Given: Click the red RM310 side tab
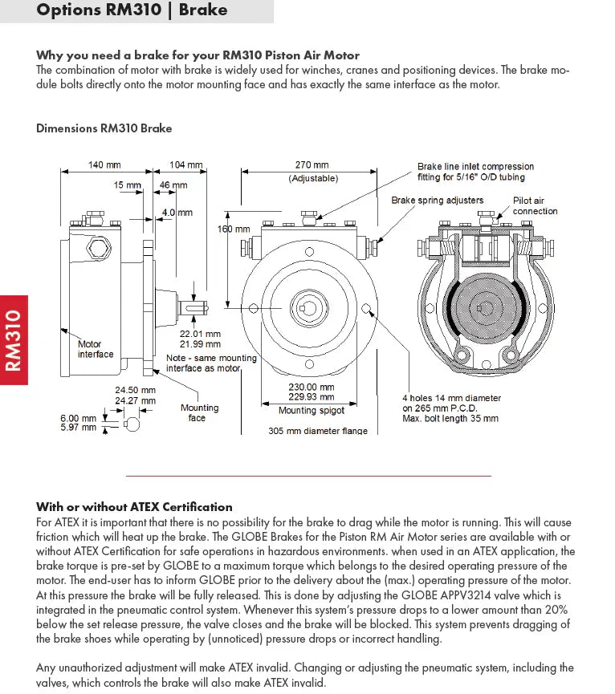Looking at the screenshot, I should [x=14, y=340].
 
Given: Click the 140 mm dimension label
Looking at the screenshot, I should [x=104, y=165].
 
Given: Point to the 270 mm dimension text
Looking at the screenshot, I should [x=312, y=165].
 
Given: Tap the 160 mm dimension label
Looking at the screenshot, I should [x=234, y=229].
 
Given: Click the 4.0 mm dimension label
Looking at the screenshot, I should [x=177, y=213].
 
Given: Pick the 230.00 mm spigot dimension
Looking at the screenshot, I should [x=312, y=387].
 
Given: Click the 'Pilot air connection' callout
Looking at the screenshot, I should [x=535, y=206].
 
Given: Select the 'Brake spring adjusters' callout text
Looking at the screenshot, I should [x=438, y=200].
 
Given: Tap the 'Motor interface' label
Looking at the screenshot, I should [x=96, y=349].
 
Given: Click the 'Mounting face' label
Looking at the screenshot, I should [x=197, y=412].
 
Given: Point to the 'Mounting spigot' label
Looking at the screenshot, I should [x=312, y=411].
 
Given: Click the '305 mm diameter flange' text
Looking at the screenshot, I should [x=318, y=431].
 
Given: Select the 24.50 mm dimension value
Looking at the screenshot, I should [x=135, y=391].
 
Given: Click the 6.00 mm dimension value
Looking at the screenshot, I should [x=78, y=418].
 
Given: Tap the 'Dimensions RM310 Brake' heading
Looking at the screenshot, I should [x=104, y=128].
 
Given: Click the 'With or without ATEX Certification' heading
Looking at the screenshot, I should [x=134, y=507].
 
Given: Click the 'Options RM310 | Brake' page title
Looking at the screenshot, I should [x=132, y=10].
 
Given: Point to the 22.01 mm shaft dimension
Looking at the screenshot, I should [x=200, y=334].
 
